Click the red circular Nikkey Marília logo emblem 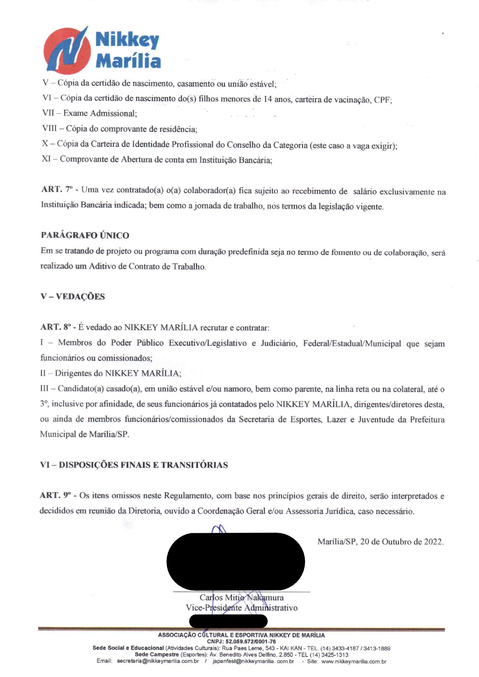66,51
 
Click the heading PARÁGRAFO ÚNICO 85,235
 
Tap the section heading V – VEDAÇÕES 73,297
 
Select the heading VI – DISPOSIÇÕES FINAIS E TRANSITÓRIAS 134,465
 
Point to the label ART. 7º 57,189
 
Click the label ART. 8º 56,327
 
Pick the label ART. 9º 56,495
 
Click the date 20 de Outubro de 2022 401,541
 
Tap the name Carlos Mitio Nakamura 241,597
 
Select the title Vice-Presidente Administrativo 241,607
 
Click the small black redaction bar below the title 228,621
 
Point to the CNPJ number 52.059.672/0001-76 251,641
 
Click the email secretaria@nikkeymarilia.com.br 158,661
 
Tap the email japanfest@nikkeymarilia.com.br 253,661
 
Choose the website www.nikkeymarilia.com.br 353,661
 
